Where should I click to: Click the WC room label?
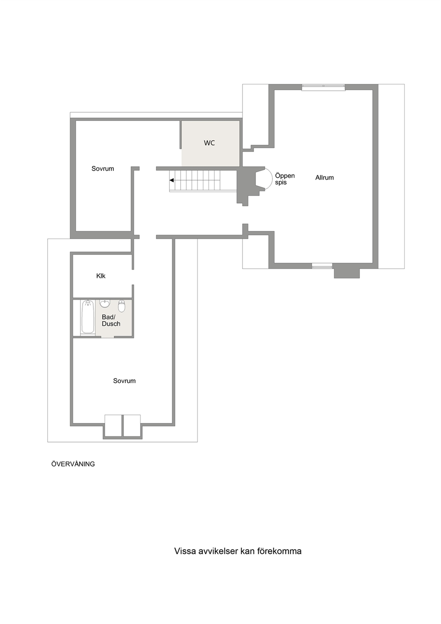pyautogui.click(x=209, y=143)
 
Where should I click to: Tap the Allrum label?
pyautogui.click(x=325, y=177)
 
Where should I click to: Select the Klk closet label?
pyautogui.click(x=101, y=276)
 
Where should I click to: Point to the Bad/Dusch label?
pyautogui.click(x=111, y=320)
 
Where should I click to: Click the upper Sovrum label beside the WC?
pyautogui.click(x=103, y=169)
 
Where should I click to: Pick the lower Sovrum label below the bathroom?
pyautogui.click(x=124, y=381)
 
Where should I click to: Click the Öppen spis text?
pyautogui.click(x=285, y=179)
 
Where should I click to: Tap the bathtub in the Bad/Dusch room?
pyautogui.click(x=88, y=317)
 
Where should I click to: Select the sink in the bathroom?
pyautogui.click(x=105, y=304)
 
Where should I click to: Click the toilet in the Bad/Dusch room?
pyautogui.click(x=122, y=306)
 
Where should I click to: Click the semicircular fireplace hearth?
pyautogui.click(x=269, y=179)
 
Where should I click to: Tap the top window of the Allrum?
pyautogui.click(x=324, y=87)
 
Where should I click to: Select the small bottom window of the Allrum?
pyautogui.click(x=322, y=266)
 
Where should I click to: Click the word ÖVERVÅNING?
pyautogui.click(x=73, y=464)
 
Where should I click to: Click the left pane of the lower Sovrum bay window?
pyautogui.click(x=113, y=425)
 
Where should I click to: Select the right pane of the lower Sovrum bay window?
pyautogui.click(x=132, y=425)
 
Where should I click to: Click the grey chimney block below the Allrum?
pyautogui.click(x=347, y=273)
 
